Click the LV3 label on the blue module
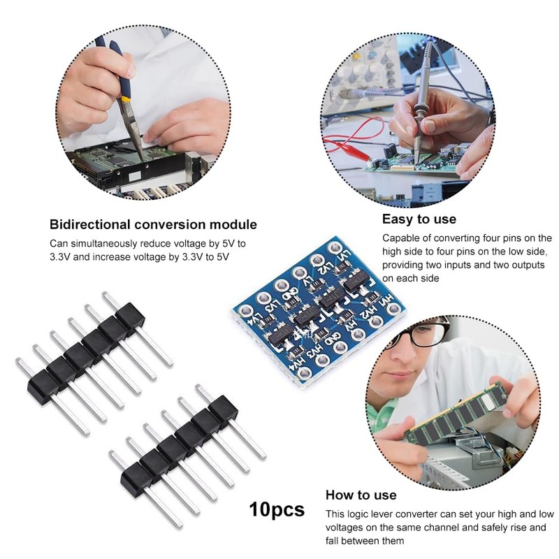[273, 305]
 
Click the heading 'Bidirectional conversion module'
[153, 225]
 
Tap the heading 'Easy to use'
[419, 219]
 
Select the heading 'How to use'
[361, 495]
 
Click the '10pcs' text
[277, 509]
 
